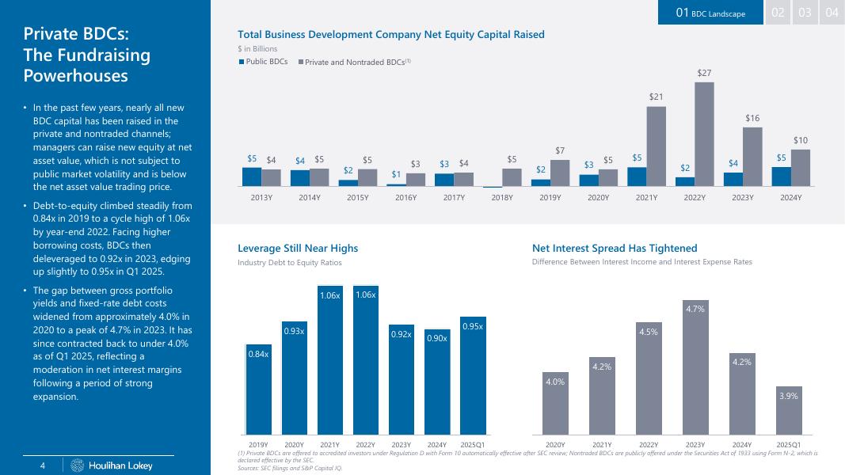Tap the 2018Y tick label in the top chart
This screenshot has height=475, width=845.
503,197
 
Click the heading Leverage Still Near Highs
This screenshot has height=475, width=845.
298,249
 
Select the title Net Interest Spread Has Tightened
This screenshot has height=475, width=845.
615,249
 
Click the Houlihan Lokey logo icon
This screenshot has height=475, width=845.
77,465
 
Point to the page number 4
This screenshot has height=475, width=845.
44,465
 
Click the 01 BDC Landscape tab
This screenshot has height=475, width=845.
710,13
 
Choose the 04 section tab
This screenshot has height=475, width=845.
832,13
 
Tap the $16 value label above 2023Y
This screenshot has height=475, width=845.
752,118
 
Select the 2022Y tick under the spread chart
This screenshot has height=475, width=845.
649,445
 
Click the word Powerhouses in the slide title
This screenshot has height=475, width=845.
75,75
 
